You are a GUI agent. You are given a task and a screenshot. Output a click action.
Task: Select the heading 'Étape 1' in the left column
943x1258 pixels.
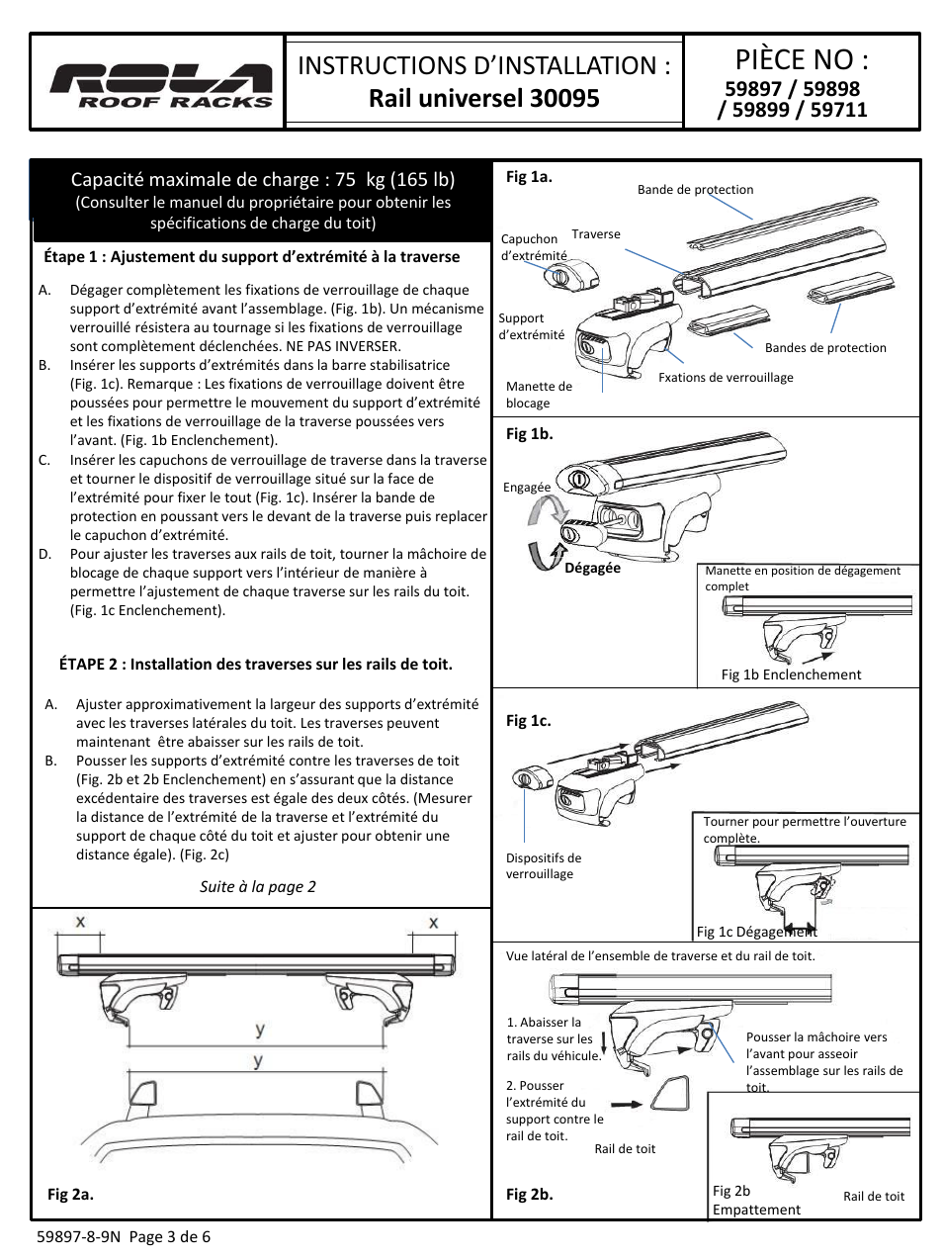(251, 256)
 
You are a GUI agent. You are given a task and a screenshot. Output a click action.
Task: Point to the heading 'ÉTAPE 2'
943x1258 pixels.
(255, 664)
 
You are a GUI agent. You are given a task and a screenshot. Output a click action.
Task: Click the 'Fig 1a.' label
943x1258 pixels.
(529, 177)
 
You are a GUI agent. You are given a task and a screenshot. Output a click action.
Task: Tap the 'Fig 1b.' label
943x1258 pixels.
(529, 433)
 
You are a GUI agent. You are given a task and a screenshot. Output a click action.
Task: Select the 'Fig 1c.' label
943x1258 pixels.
(528, 720)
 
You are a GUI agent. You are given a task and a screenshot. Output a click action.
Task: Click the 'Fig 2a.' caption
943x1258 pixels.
(70, 1194)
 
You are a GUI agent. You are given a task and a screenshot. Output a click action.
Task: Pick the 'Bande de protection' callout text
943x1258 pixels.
(695, 190)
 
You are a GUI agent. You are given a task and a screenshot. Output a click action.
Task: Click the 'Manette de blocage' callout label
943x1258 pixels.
(539, 395)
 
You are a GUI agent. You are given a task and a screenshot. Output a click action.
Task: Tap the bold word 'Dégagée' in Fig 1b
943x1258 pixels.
(592, 568)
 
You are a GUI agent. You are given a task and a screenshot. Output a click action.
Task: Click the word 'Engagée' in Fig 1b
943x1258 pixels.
(527, 487)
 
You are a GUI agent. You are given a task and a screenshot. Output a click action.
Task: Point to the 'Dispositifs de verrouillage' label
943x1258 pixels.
(544, 865)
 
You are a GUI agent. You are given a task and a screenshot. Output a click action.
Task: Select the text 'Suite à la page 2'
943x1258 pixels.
(257, 886)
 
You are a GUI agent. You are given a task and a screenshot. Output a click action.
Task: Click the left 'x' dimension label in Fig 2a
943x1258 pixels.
(81, 923)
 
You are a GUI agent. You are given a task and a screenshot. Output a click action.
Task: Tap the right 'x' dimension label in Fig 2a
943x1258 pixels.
(433, 923)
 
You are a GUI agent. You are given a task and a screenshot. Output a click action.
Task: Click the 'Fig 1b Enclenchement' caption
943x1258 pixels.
(791, 674)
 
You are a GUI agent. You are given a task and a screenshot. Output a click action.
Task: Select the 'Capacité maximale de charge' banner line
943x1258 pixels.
(262, 179)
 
